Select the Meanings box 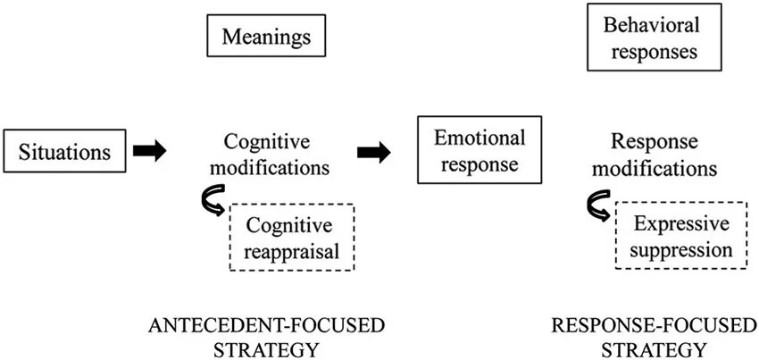click(266, 38)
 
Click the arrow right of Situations click(150, 152)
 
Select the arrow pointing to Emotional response click(373, 153)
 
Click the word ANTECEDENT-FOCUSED click(265, 324)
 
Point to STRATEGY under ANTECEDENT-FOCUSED click(265, 347)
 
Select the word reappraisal click(293, 251)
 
